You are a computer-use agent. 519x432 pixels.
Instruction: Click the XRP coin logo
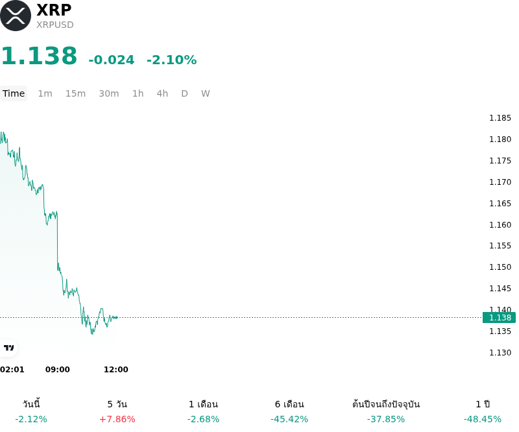click(16, 16)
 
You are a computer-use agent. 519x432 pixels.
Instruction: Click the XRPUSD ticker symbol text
click(55, 25)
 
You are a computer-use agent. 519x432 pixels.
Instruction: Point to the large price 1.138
click(39, 56)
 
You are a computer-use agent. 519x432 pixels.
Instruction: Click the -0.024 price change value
click(112, 60)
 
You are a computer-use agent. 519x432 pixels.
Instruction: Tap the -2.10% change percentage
click(171, 60)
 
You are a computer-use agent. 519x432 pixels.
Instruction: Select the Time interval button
click(14, 93)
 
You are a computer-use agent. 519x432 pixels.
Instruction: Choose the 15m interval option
click(75, 93)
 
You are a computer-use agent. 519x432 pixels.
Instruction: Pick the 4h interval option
click(162, 93)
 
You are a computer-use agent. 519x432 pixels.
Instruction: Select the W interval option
click(206, 93)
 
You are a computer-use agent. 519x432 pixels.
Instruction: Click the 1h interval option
click(138, 93)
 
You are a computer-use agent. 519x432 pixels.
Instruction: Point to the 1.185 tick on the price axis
click(500, 118)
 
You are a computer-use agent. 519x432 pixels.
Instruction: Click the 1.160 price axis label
click(500, 225)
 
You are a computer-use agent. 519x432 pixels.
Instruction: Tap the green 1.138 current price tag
click(499, 317)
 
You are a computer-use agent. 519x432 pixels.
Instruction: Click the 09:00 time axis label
click(58, 370)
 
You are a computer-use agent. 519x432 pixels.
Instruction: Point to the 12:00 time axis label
click(116, 370)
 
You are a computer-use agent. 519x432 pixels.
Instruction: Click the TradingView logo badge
click(8, 348)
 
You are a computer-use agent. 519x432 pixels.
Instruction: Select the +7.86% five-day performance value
click(117, 419)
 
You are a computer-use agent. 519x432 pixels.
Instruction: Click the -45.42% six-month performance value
click(289, 419)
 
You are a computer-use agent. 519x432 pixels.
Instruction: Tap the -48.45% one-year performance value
click(483, 419)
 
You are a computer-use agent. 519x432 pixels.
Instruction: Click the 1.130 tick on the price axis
click(500, 353)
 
